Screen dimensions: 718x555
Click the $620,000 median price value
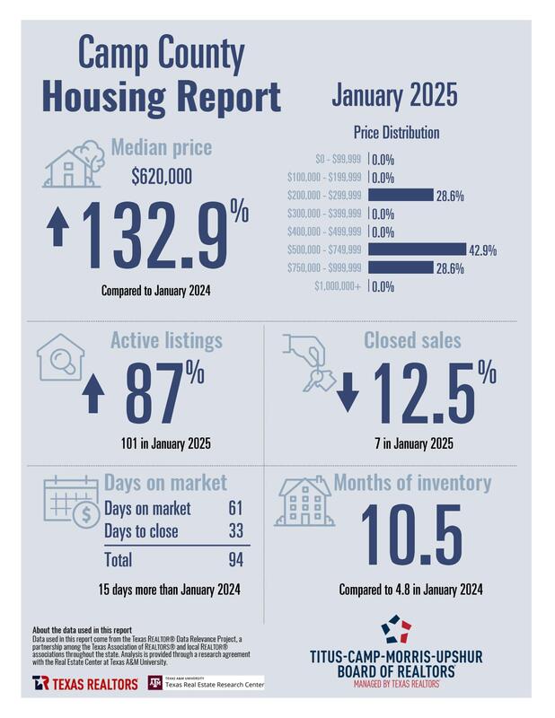pyautogui.click(x=162, y=178)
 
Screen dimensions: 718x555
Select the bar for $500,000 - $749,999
pyautogui.click(x=417, y=250)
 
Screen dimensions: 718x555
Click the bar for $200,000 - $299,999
pyautogui.click(x=401, y=195)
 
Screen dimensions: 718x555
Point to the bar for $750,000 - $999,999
pyautogui.click(x=401, y=267)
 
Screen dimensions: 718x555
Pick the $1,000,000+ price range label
pyautogui.click(x=338, y=286)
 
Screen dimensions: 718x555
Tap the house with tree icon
pyautogui.click(x=72, y=162)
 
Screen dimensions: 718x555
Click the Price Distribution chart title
pyautogui.click(x=395, y=133)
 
